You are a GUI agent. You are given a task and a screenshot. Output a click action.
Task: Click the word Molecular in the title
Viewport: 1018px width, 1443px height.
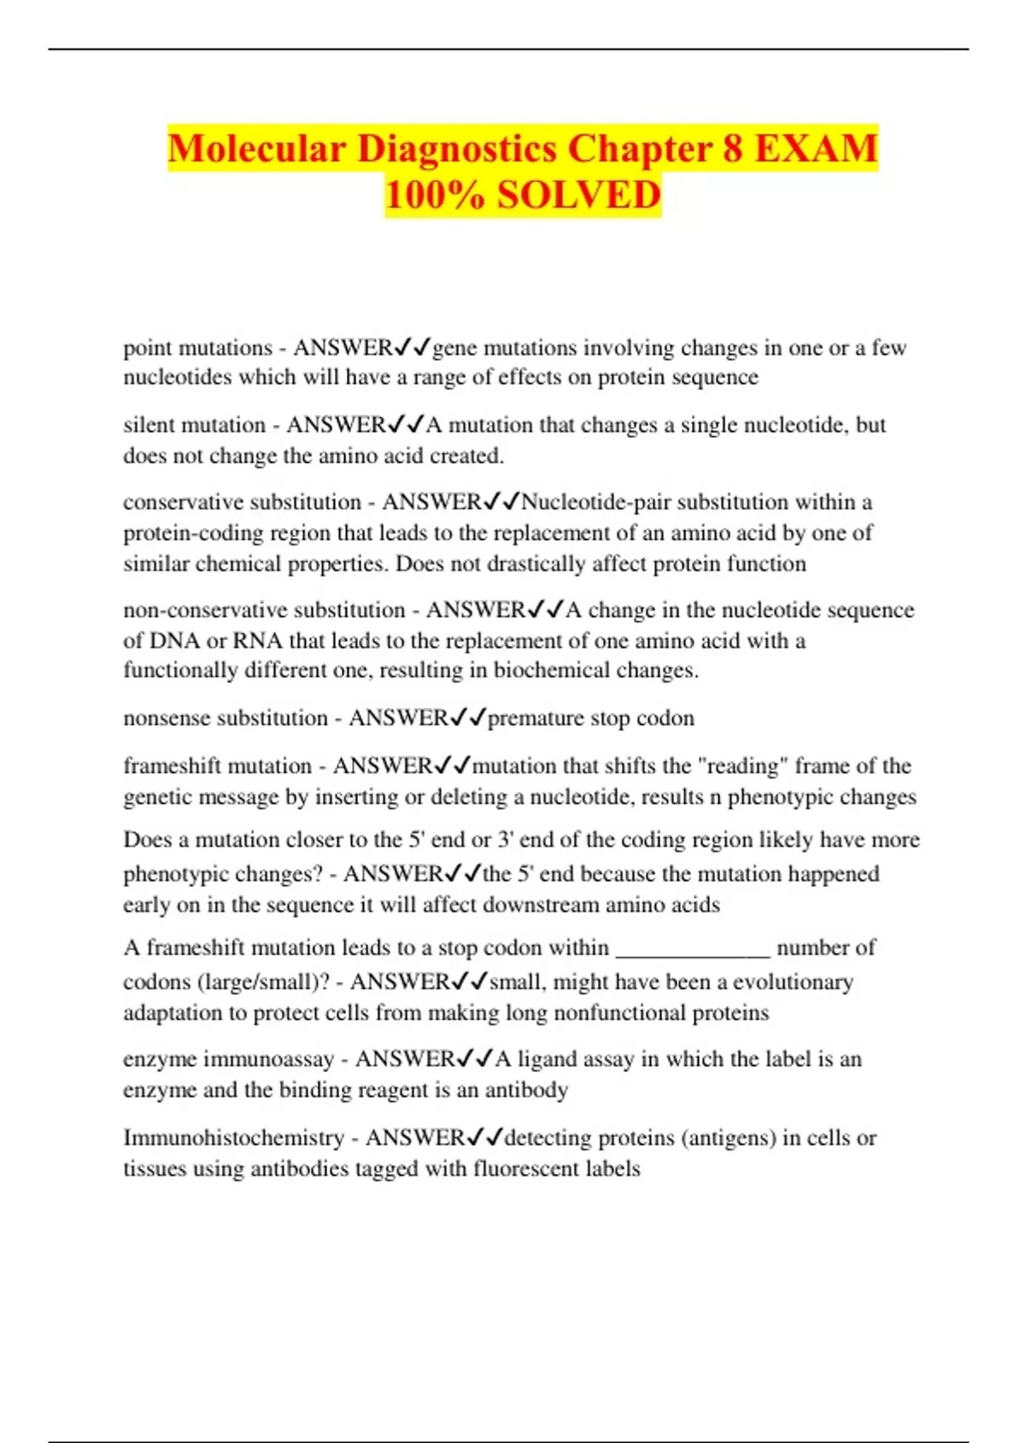(x=256, y=149)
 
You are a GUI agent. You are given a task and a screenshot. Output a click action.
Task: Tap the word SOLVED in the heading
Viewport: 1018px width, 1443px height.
(x=579, y=195)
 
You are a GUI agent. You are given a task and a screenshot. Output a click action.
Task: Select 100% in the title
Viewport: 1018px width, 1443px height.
(x=436, y=195)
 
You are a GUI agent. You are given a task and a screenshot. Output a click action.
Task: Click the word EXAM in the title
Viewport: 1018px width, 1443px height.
(x=815, y=149)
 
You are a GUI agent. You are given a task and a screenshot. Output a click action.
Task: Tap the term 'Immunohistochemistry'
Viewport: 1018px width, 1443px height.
(x=234, y=1137)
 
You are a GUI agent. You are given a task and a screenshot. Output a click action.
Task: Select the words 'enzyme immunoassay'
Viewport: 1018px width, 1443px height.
(x=228, y=1059)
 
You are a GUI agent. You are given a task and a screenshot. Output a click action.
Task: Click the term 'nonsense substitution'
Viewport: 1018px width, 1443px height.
(x=226, y=718)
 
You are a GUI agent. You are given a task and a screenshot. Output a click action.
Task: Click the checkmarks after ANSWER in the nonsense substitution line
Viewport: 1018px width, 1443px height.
(x=467, y=718)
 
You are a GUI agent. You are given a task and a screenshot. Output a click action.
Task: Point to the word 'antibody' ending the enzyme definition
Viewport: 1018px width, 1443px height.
(x=526, y=1090)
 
